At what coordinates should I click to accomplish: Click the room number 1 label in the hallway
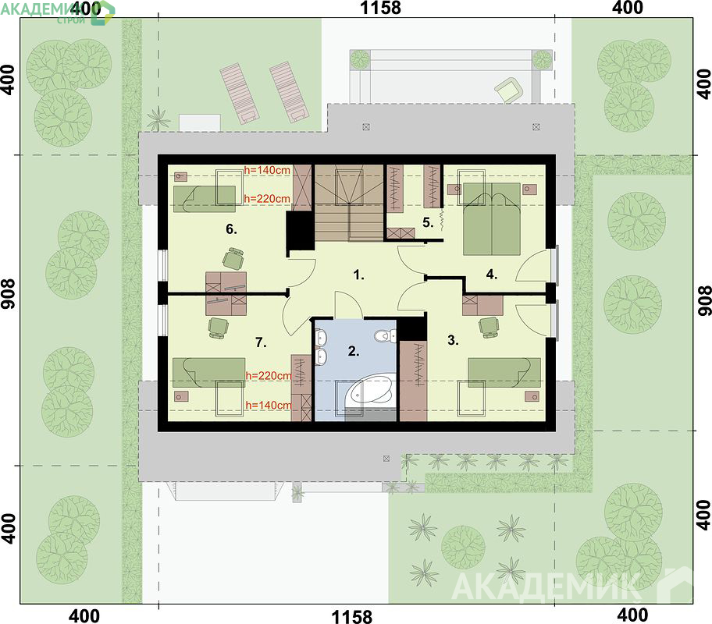358,275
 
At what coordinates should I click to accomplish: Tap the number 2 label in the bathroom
354,351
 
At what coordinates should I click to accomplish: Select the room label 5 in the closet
428,222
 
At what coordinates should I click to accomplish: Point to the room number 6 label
231,229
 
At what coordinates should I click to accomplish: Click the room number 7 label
261,342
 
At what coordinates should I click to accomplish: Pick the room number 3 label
453,340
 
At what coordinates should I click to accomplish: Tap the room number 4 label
491,274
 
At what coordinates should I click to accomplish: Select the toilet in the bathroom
385,335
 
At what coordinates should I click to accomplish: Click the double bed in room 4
491,219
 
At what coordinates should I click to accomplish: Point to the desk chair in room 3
489,327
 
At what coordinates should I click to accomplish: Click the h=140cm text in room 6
267,170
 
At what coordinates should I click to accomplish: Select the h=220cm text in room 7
269,376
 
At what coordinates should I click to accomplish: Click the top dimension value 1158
380,8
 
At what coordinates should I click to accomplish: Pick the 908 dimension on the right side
704,300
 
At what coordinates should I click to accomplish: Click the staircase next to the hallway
349,203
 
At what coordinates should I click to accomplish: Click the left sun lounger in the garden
238,93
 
